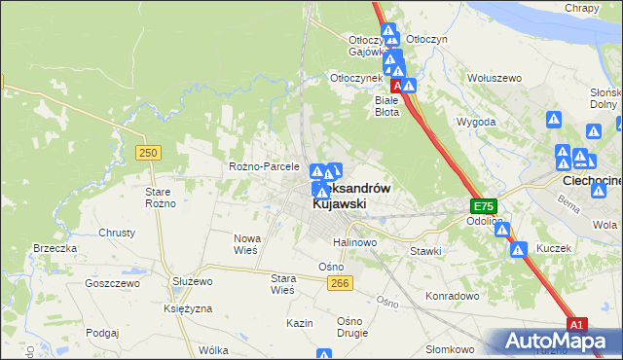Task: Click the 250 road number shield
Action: [x=148, y=153]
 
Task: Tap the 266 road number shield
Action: [x=339, y=281]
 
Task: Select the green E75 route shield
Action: [x=485, y=206]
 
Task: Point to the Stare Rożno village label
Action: [x=159, y=198]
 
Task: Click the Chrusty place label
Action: [x=117, y=234]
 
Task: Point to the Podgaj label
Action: [x=102, y=332]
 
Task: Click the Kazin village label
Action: [x=299, y=322]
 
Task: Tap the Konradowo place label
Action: [x=454, y=295]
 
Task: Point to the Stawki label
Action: [x=425, y=251]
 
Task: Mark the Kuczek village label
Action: [x=553, y=248]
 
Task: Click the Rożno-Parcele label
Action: [x=264, y=166]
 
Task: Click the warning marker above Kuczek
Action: [x=518, y=250]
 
